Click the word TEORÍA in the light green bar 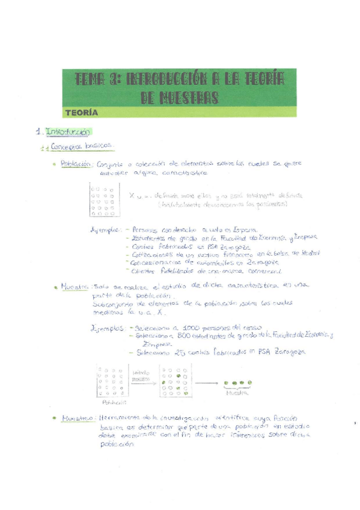pyautogui.click(x=82, y=112)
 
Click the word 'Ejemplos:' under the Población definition pyautogui.click(x=105, y=229)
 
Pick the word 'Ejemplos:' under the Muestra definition pyautogui.click(x=108, y=329)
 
